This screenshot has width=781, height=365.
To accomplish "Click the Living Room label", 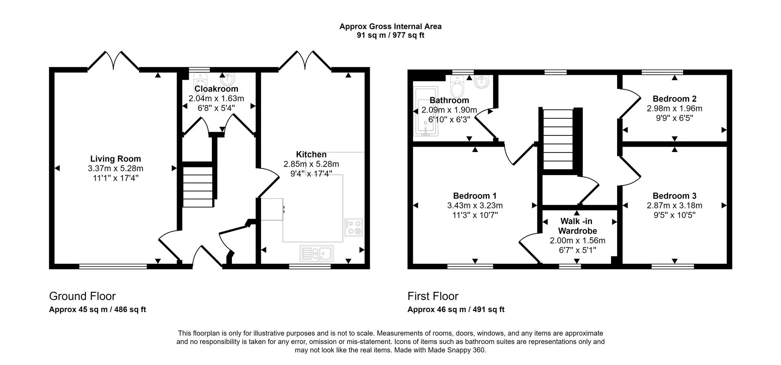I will pyautogui.click(x=116, y=159).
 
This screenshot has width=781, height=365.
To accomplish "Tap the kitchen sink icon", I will pyautogui.click(x=317, y=254).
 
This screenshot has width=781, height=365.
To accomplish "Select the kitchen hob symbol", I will pyautogui.click(x=353, y=228).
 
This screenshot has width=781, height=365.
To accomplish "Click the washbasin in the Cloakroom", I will pyautogui.click(x=228, y=78).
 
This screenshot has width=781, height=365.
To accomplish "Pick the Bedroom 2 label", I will pyautogui.click(x=674, y=99).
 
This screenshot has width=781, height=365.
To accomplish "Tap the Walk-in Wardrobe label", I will pyautogui.click(x=577, y=226).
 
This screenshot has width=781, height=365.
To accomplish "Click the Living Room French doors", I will pyautogui.click(x=113, y=61).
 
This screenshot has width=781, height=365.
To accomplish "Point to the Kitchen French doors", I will pyautogui.click(x=305, y=61).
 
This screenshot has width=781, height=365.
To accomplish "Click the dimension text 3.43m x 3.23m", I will pyautogui.click(x=475, y=206).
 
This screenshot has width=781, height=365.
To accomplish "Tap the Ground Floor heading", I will pyautogui.click(x=82, y=296).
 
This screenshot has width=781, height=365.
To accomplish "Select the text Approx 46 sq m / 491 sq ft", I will pyautogui.click(x=456, y=309).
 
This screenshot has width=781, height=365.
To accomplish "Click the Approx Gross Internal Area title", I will pyautogui.click(x=390, y=26).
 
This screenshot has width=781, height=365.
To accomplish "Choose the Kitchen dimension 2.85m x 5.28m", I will pyautogui.click(x=311, y=164).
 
